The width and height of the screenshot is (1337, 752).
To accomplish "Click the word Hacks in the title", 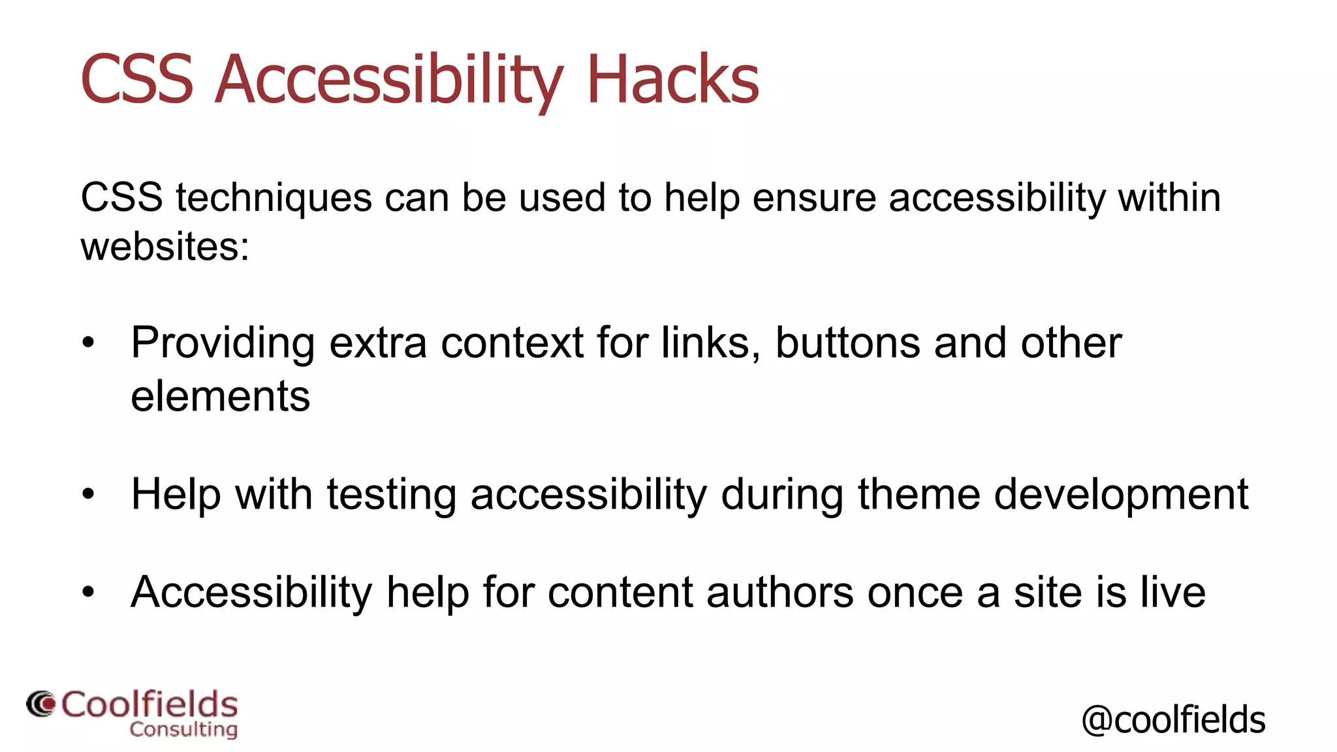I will (673, 80).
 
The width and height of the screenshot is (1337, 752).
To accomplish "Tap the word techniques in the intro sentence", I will (274, 198).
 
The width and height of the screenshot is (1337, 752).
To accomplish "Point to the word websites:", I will (165, 247).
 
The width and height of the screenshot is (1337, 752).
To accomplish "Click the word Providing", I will (223, 343).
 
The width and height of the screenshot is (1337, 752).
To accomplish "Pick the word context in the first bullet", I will (512, 343).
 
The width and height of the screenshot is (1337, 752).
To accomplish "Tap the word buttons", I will (847, 343).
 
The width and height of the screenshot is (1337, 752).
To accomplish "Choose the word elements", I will (220, 396).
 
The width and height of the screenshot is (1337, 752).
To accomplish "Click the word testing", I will (391, 494).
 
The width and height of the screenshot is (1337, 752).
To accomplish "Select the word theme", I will (919, 494).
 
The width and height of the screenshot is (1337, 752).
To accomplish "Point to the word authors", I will (779, 592).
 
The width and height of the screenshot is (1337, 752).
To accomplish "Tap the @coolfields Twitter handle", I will (1173, 719).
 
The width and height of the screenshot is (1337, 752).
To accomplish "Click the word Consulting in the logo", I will (183, 729).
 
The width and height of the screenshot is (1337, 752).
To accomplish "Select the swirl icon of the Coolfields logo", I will (41, 704).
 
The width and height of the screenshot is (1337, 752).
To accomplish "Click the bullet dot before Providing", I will (89, 343).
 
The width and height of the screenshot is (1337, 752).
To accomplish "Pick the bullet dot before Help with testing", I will (89, 495).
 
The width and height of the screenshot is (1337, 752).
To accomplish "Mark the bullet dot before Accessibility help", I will (89, 593).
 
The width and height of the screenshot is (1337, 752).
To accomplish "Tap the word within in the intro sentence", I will (1169, 198).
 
